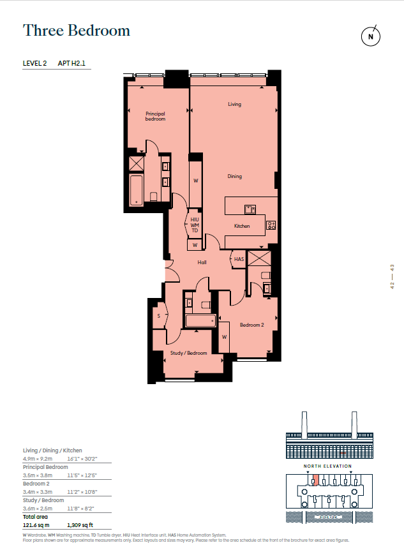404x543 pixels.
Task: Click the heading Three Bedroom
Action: (x=77, y=30)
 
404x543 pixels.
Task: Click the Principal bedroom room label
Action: (x=155, y=116)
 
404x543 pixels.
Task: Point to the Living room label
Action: (x=235, y=104)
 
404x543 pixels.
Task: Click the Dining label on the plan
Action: (x=235, y=176)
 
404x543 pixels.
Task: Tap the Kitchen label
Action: (x=241, y=226)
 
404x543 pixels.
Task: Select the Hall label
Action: (x=202, y=262)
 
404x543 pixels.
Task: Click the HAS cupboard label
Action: (x=239, y=259)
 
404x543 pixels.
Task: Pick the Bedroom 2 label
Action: (x=251, y=325)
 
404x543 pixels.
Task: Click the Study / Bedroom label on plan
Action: (x=188, y=353)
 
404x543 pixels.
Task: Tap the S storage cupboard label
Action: (x=158, y=316)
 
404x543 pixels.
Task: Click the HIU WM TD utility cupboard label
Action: (x=195, y=225)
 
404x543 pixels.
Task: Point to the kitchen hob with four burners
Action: (x=271, y=225)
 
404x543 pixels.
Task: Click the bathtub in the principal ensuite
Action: (x=137, y=190)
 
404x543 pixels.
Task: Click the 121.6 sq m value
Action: (x=36, y=525)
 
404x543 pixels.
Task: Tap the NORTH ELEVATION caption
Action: (x=327, y=466)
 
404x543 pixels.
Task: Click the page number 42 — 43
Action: (x=392, y=277)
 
